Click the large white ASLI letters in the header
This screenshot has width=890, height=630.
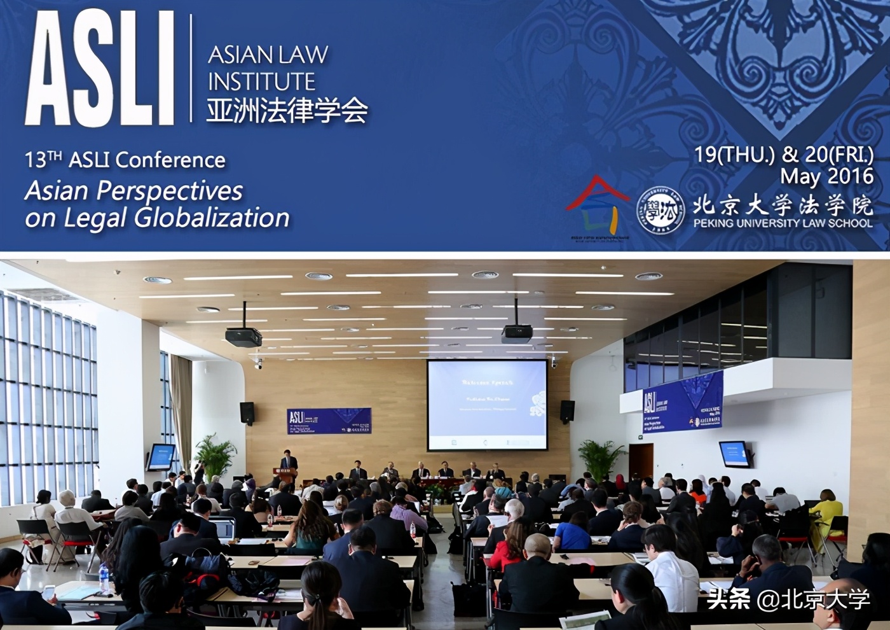pos(100,68)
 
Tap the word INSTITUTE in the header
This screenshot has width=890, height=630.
pos(261,81)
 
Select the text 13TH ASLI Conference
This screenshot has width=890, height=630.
pos(125,159)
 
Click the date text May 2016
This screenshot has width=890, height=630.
pos(826,176)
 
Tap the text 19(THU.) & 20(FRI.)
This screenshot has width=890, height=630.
pos(783,155)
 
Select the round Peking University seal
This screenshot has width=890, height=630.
pos(661,208)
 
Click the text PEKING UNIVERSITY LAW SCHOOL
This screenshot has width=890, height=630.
pos(783,223)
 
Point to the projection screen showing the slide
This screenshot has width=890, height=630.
pos(487,405)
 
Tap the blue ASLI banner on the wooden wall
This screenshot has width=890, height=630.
pos(329,421)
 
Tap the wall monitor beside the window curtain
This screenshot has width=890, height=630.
pos(161,456)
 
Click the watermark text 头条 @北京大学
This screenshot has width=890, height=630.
pos(788,599)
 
